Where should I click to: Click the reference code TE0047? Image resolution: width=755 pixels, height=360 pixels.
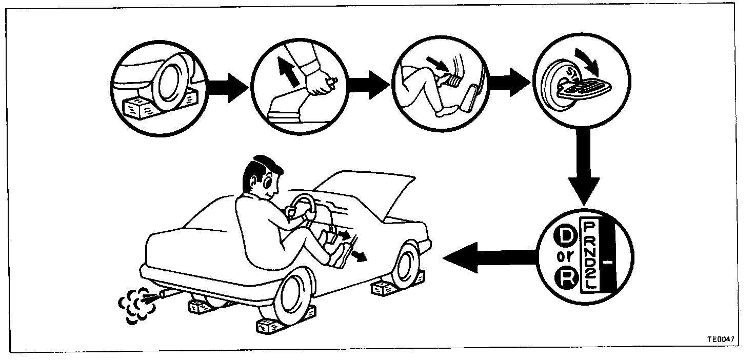point(724,339)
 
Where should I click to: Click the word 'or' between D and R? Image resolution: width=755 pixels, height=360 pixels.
point(564,258)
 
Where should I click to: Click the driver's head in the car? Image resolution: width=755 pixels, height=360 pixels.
point(262,179)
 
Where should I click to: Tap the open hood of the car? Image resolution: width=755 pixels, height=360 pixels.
point(369,190)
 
